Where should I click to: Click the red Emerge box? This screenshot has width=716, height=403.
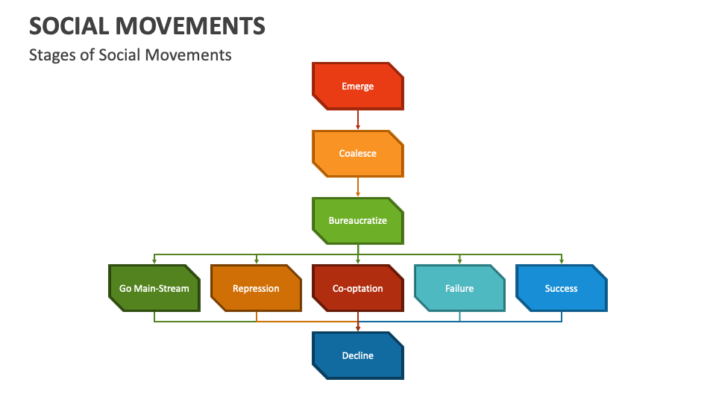[358, 86]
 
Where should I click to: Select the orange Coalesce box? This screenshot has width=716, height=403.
[358, 154]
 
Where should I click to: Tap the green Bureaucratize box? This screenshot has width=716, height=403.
[358, 221]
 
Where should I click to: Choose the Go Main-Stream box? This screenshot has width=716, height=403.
[154, 288]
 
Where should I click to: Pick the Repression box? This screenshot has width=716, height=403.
[256, 288]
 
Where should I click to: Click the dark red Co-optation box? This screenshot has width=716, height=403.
[358, 288]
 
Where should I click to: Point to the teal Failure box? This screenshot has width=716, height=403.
[459, 288]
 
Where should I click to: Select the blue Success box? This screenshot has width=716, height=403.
[561, 288]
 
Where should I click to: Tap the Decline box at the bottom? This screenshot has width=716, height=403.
[358, 355]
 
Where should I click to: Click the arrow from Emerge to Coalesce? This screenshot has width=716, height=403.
[358, 119]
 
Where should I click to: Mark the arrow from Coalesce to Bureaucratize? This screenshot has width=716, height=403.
[358, 187]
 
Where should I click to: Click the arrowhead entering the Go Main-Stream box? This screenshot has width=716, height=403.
[154, 261]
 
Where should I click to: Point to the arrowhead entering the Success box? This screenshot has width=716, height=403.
[562, 261]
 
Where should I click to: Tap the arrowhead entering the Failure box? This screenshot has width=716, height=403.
[459, 261]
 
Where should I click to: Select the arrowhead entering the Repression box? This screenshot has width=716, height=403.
[257, 261]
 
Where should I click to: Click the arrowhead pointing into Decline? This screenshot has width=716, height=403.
[358, 328]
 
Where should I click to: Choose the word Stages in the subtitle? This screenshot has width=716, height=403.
[50, 55]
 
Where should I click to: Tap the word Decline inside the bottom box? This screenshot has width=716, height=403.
[358, 356]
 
